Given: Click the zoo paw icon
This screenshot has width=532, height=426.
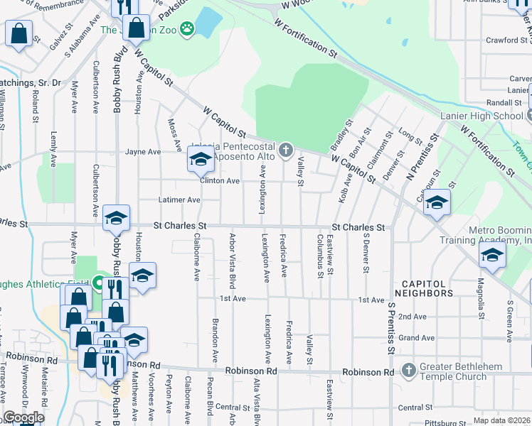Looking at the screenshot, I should [x=187, y=29].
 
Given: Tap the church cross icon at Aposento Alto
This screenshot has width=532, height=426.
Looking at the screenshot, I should [x=286, y=149].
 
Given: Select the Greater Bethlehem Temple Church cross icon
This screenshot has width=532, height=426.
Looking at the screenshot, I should [x=408, y=370].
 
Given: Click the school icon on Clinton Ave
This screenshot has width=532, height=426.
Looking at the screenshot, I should [x=201, y=162].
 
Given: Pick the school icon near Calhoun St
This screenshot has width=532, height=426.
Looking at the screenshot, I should [x=437, y=202].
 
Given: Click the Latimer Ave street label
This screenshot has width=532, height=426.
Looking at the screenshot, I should [x=179, y=200].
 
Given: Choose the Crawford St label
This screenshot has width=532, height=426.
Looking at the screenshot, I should [x=506, y=40].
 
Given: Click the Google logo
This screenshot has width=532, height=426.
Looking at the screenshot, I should [x=23, y=417].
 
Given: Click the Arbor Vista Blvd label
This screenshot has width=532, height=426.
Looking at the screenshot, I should [x=232, y=252].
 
